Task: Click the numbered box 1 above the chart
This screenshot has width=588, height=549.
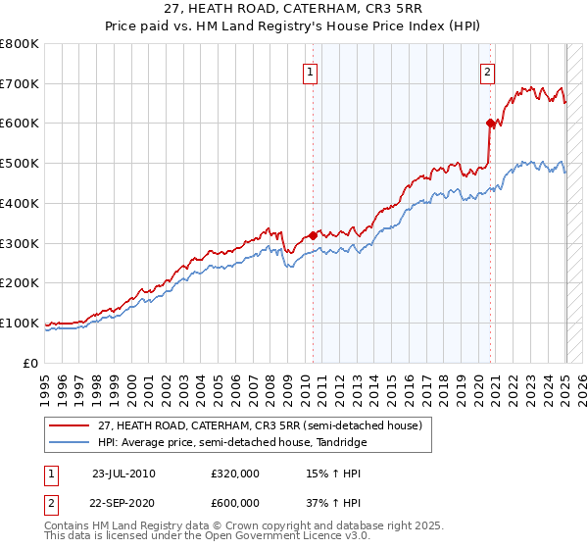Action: pos(310,71)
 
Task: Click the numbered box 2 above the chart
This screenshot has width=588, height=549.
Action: pos(487,71)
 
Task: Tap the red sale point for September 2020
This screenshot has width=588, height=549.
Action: pos(490,123)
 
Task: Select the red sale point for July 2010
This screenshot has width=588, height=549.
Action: pos(313,235)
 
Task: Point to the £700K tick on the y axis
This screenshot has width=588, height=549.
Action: pos(20,84)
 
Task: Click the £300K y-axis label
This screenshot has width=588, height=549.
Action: pos(20,243)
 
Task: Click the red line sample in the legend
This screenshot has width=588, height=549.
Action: pos(70,425)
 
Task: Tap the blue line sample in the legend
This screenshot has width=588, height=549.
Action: pos(70,443)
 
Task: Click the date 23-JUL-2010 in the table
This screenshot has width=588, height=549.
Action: pos(123,474)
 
